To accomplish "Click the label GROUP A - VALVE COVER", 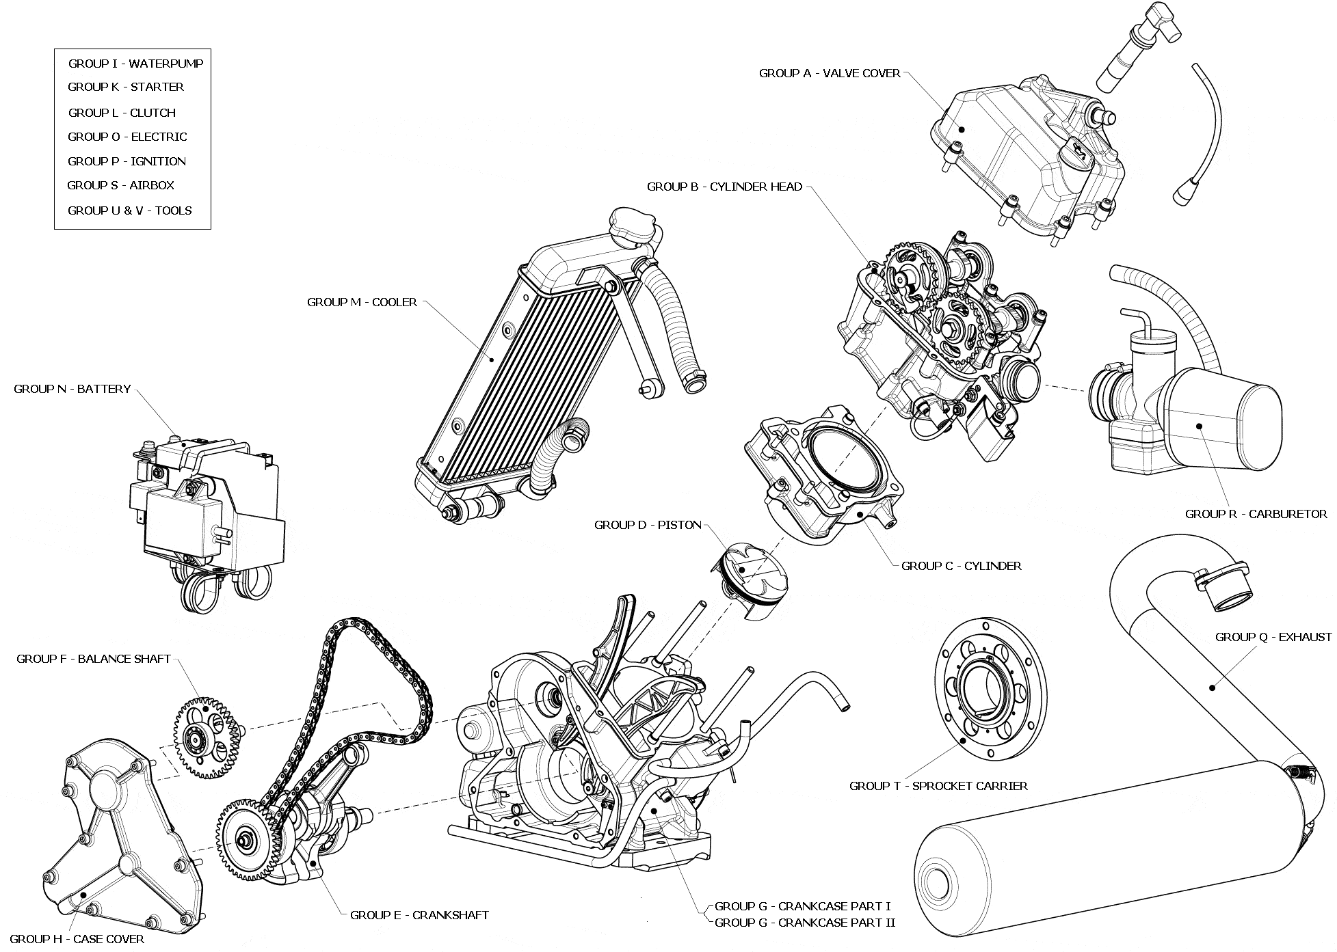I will tap(830, 73).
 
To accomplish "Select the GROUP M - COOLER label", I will tap(362, 302).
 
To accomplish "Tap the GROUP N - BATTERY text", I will tap(72, 389).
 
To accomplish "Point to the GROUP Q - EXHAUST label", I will tap(1273, 637).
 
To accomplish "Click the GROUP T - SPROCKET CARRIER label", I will tap(938, 786).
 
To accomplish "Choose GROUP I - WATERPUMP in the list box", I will tap(135, 64).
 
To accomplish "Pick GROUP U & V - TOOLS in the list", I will tap(129, 210).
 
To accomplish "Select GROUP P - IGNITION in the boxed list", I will tap(127, 161).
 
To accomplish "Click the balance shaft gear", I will tap(203, 737).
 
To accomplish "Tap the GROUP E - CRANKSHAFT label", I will tap(419, 915).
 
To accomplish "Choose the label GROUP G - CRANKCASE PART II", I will tap(805, 923).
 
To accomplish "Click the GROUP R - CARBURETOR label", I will tap(1256, 514).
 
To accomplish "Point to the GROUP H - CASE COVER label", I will tap(77, 939).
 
